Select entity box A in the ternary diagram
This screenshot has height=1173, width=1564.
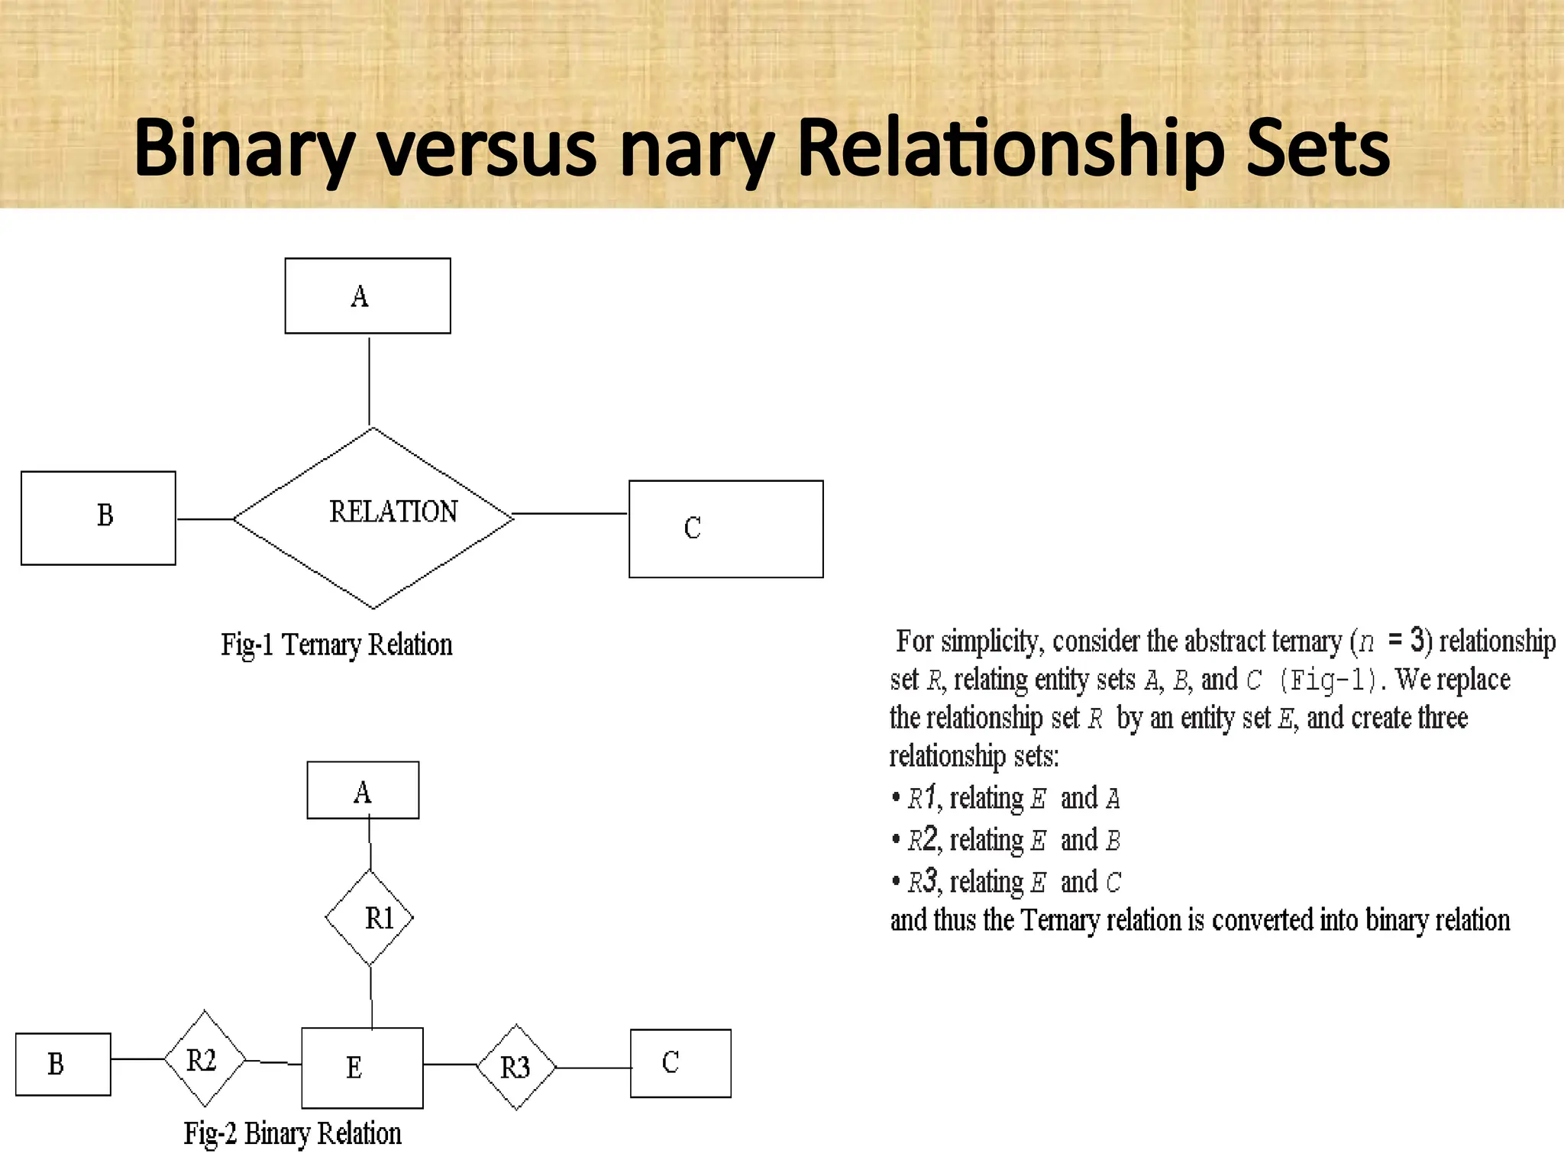[x=367, y=296]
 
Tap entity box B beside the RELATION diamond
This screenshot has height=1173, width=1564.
[x=99, y=518]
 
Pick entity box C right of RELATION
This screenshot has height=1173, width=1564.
[x=725, y=528]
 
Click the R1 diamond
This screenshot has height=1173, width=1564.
[x=370, y=917]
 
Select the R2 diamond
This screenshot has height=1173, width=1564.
[x=205, y=1059]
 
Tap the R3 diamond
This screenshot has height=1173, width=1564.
[x=516, y=1067]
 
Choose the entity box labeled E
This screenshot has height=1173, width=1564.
[x=362, y=1068]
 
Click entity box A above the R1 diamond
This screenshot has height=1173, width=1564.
[x=363, y=790]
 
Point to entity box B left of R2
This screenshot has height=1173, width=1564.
[x=63, y=1064]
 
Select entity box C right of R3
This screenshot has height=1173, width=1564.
[x=680, y=1063]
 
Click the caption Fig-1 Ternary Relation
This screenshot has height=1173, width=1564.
[x=337, y=645]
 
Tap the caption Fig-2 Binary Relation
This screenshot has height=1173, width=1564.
[x=292, y=1133]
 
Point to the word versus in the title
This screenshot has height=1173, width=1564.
[x=487, y=149]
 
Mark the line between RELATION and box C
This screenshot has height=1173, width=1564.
[x=570, y=514]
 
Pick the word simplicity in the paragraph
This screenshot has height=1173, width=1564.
[x=991, y=641]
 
